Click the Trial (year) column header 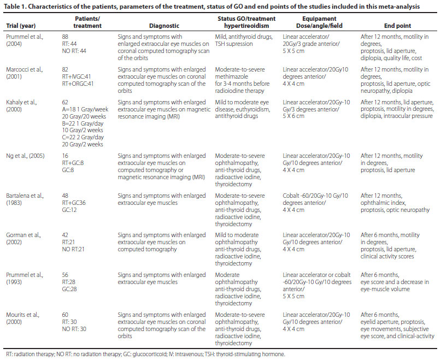[x=22, y=26]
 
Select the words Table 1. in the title [x=16, y=7]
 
